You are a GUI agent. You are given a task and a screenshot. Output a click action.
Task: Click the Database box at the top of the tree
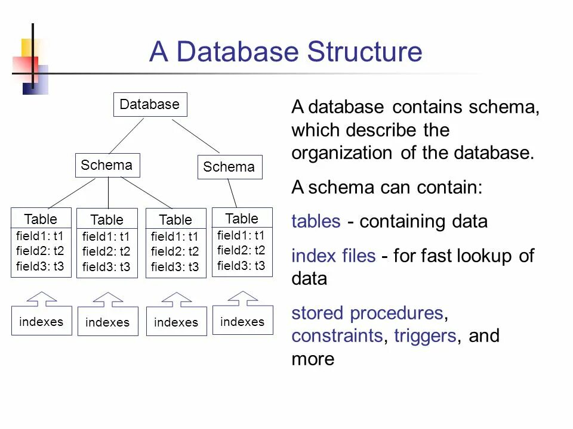click(x=149, y=104)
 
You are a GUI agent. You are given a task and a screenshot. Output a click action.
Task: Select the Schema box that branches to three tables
click(x=107, y=165)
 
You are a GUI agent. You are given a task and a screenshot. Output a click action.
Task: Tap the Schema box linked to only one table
click(x=229, y=167)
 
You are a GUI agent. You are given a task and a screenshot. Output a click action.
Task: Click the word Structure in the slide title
click(x=364, y=52)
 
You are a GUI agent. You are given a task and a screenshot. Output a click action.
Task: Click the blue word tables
click(x=316, y=222)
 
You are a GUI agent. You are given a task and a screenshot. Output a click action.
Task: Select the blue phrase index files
click(x=333, y=256)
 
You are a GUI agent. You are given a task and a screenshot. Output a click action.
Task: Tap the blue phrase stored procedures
click(x=367, y=313)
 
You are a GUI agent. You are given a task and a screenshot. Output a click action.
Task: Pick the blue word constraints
click(x=337, y=336)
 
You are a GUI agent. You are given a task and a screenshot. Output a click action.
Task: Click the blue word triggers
click(x=426, y=336)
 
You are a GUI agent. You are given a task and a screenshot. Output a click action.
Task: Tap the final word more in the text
click(x=313, y=359)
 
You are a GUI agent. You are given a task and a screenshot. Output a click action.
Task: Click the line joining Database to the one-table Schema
click(x=196, y=135)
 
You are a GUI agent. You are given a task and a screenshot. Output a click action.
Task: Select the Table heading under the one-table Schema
click(x=242, y=218)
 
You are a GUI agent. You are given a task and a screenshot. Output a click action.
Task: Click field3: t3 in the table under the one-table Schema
click(x=241, y=266)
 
